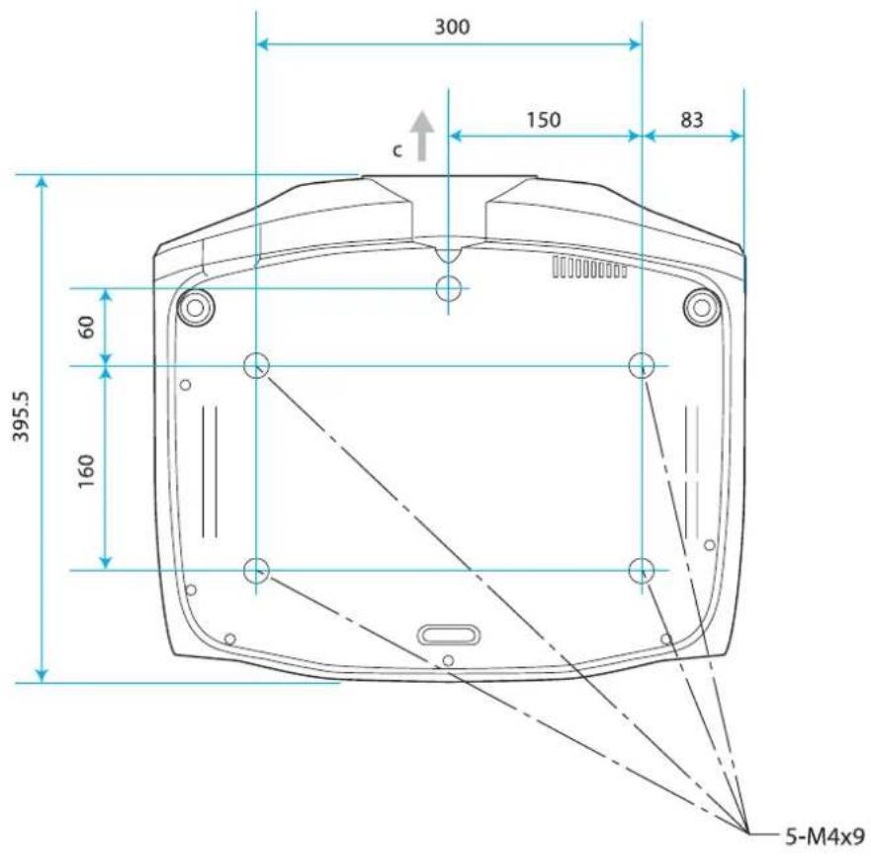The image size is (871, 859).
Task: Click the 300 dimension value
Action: (452, 27)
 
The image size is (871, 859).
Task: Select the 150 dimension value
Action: (544, 120)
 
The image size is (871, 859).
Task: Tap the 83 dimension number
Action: (692, 120)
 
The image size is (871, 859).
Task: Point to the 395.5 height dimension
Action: (22, 417)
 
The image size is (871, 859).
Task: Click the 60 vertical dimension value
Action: (86, 327)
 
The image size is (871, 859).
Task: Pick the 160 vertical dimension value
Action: (86, 471)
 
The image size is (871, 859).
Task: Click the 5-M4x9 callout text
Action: (825, 835)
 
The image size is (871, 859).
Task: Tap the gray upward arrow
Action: (421, 136)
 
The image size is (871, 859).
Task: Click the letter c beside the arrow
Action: (396, 150)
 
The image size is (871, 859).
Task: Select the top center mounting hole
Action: (448, 288)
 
